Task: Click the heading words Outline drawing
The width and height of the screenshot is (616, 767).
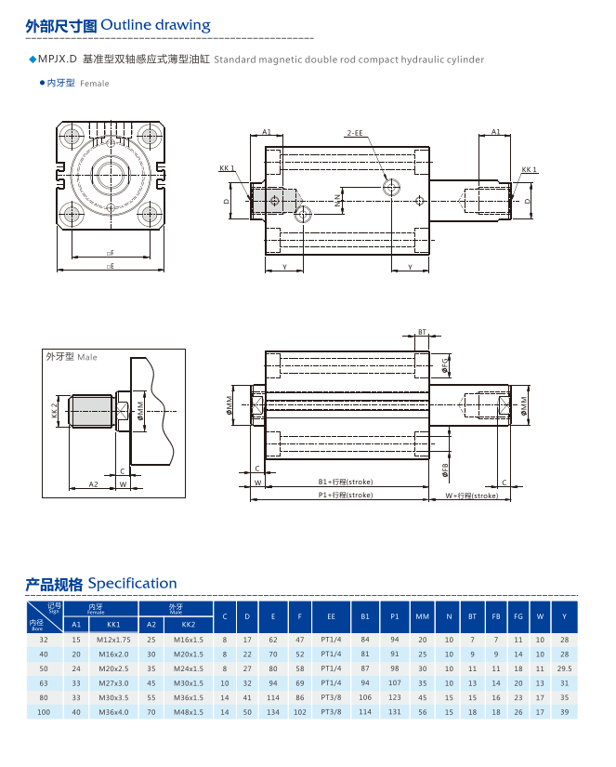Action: pos(155,25)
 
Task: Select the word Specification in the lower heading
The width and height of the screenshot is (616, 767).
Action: pos(131,584)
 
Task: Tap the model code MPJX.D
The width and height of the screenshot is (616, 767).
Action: pos(57,60)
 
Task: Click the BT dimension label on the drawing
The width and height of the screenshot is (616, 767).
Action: pos(422,332)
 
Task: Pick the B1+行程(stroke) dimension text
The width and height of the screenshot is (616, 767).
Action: pos(345,483)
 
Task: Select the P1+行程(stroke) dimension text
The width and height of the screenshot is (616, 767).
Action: pos(345,496)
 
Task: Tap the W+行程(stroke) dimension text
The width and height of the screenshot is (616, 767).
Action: pos(471,496)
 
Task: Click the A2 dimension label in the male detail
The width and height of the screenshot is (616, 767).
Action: pos(93,484)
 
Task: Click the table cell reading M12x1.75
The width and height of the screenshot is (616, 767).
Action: pos(113,640)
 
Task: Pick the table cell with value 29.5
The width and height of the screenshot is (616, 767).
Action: pos(564,668)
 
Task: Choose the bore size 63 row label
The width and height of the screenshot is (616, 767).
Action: pos(43,683)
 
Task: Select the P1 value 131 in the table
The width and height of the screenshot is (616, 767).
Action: pos(395,712)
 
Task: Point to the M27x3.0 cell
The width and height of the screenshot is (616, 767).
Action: pos(113,683)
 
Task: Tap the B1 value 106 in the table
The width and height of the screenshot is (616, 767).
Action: pos(364,697)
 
